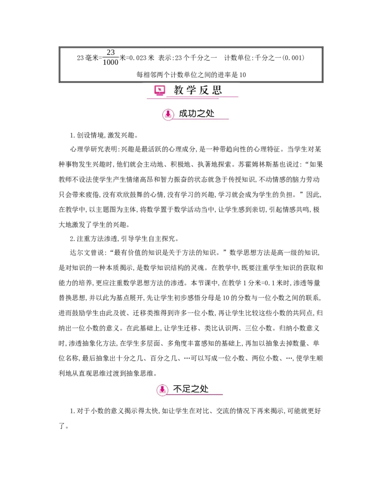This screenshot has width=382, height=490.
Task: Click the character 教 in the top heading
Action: pos(179,90)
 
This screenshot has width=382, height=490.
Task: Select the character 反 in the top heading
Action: pos(205,90)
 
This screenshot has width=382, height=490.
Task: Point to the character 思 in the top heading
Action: pos(218,90)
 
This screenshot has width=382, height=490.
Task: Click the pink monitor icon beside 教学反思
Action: pos(159,90)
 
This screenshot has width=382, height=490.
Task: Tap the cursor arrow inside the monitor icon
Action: pos(159,89)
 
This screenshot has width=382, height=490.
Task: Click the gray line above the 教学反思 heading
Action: pos(191,82)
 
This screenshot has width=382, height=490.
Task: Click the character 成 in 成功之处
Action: pos(184,114)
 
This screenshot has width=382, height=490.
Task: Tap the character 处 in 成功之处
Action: pos(210,114)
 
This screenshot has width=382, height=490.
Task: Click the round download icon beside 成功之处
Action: pos(168,114)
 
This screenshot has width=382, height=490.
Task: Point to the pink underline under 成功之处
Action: pos(201,119)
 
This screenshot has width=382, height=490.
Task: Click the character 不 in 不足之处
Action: pos(178,389)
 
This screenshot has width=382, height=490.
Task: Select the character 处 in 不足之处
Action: pos(204,389)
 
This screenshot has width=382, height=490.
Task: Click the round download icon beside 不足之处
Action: pos(162,390)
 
